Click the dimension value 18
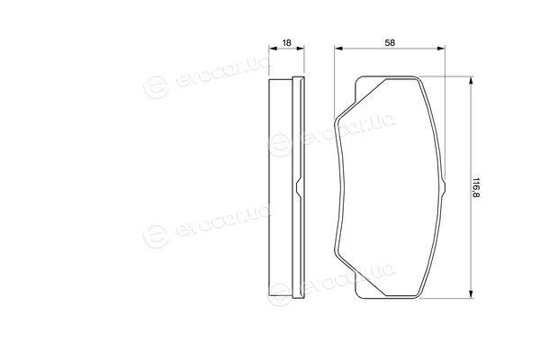click(286, 42)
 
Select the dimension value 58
click(390, 42)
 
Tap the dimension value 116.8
click(476, 188)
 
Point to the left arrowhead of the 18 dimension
click(273, 49)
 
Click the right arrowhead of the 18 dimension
click(301, 49)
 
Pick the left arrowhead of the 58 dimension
click(338, 49)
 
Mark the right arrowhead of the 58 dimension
click(441, 49)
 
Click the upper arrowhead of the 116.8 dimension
click(471, 81)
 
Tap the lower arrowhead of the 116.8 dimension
click(471, 294)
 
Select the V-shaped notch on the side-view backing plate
click(298, 188)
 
